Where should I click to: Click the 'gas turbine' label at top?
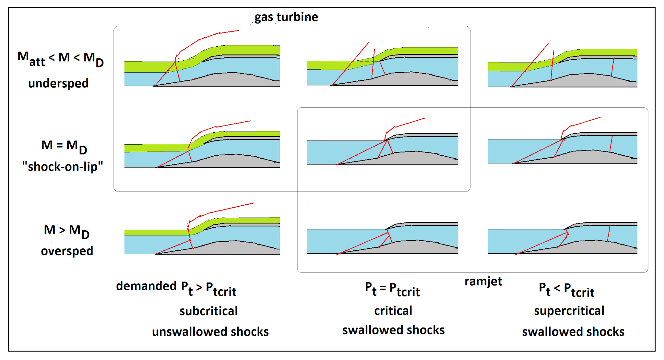286,17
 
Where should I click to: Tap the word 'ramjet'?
483,281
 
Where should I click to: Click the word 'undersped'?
58,84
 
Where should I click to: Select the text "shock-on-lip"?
63,167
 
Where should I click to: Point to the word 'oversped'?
67,251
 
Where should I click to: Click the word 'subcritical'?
208,311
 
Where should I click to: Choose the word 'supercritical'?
569,311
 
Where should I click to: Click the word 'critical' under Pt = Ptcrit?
393,311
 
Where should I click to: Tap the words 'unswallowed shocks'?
210,331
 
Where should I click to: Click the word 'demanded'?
146,286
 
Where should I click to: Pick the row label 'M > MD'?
66,231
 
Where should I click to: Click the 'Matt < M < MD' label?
61,58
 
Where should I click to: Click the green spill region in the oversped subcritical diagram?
156,233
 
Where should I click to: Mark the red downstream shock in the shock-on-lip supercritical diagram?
611,144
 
